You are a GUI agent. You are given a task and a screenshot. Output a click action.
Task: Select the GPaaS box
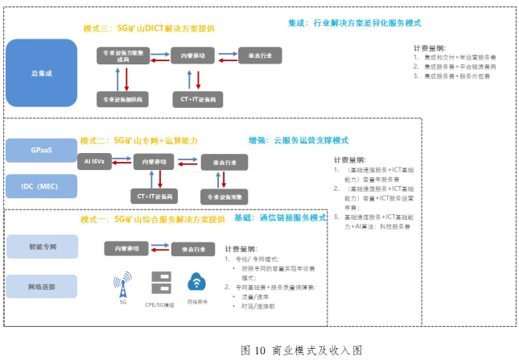click(41, 151)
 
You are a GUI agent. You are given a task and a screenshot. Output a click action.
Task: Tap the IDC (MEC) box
click(41, 187)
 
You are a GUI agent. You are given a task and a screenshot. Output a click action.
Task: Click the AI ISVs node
click(93, 162)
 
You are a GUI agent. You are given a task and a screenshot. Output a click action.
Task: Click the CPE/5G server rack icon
click(160, 284)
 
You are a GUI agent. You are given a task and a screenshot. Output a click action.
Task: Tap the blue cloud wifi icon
click(196, 283)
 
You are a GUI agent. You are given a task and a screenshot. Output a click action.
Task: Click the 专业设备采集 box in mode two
click(223, 197)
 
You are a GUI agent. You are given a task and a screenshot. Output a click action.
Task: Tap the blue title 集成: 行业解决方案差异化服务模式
click(353, 23)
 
